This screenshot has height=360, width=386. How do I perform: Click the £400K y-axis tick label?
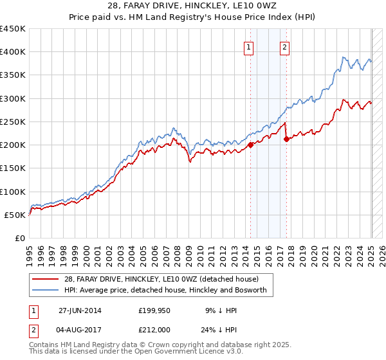pos(13,52)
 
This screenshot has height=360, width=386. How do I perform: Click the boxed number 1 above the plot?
pos(248,46)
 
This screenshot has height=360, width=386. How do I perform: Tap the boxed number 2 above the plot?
pos(284,46)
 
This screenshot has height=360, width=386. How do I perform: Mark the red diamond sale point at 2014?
pos(251,145)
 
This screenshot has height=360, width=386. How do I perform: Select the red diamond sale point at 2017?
pos(286,139)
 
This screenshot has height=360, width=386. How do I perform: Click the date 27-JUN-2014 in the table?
pos(80,310)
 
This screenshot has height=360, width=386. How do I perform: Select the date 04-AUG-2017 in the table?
pos(80,328)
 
